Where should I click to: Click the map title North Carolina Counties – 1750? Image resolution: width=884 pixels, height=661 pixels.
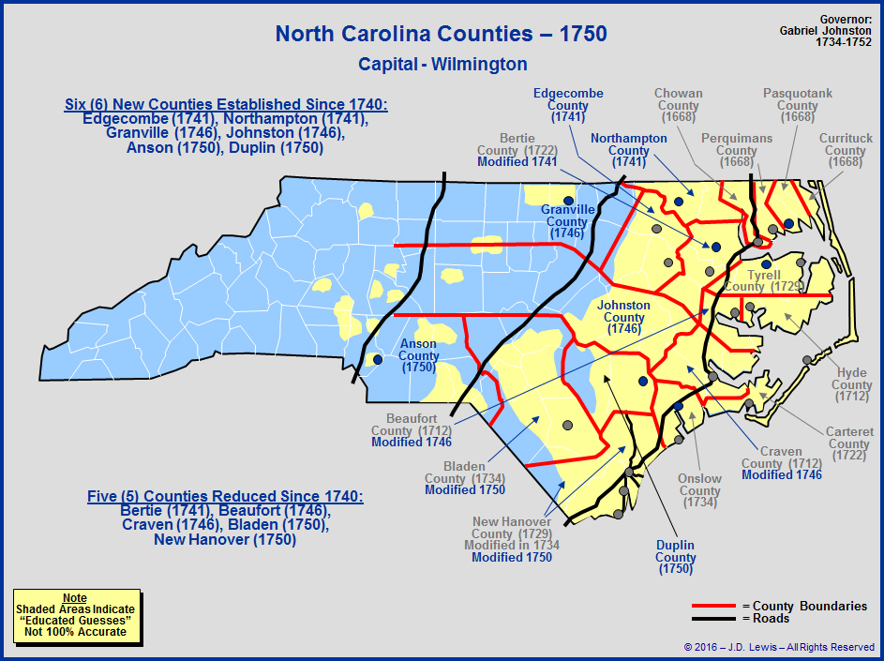pyautogui.click(x=442, y=35)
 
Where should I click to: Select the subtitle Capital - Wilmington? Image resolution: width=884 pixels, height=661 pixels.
pyautogui.click(x=442, y=65)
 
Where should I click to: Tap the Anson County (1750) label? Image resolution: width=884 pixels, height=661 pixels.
pyautogui.click(x=418, y=355)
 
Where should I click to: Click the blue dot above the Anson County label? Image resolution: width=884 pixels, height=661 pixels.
pyautogui.click(x=378, y=359)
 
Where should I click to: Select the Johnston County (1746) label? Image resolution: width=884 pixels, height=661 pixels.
pyautogui.click(x=623, y=317)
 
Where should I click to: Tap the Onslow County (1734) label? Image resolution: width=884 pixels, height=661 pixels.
pyautogui.click(x=699, y=490)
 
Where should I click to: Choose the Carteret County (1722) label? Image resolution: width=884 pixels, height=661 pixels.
pyautogui.click(x=848, y=443)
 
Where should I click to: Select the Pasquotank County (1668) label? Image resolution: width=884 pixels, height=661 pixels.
pyautogui.click(x=797, y=106)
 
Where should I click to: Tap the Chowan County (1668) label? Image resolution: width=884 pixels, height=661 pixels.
pyautogui.click(x=678, y=106)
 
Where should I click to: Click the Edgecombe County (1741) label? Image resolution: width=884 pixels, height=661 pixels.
pyautogui.click(x=568, y=105)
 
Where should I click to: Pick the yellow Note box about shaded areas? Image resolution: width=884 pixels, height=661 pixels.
pyautogui.click(x=76, y=615)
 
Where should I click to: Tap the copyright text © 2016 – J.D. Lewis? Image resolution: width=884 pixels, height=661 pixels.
pyautogui.click(x=779, y=647)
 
